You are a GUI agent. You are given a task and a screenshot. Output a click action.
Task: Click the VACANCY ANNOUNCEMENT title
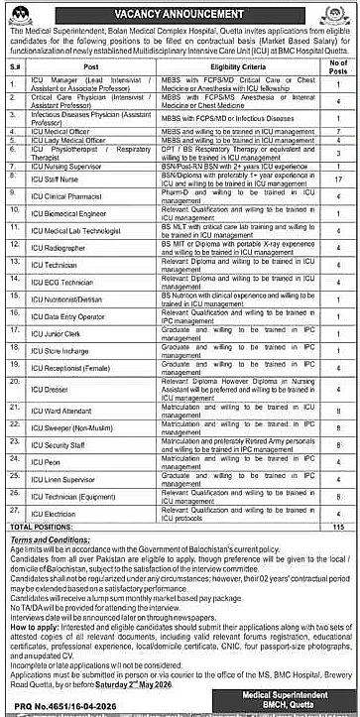click(x=179, y=13)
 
